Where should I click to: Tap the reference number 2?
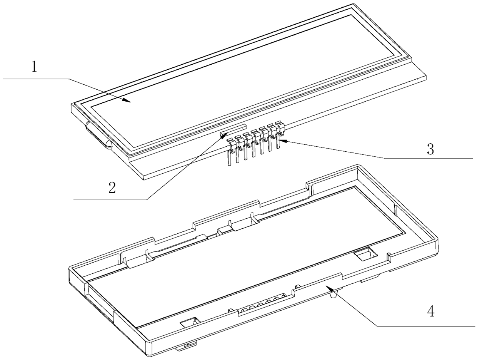click(x=112, y=188)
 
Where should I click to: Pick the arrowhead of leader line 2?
click(x=223, y=135)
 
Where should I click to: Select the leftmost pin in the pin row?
click(x=230, y=152)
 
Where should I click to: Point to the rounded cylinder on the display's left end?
click(x=99, y=136)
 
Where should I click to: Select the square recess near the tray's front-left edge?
click(x=190, y=322)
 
